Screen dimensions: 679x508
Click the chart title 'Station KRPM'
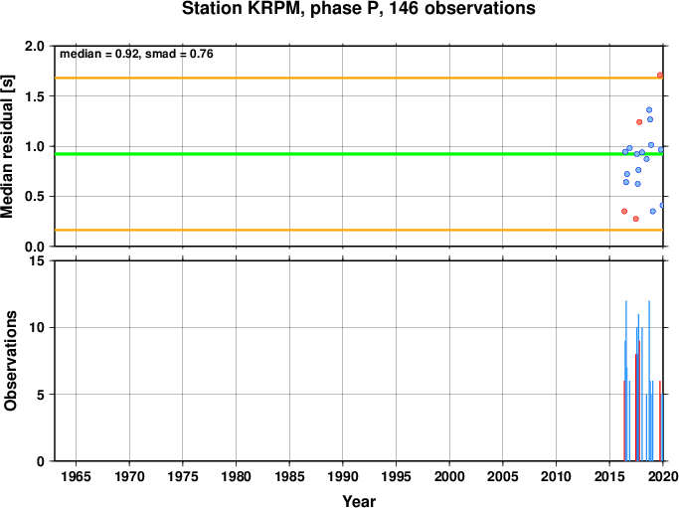[243, 9]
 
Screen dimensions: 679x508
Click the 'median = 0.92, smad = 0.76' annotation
[136, 54]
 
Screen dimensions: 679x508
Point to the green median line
[359, 154]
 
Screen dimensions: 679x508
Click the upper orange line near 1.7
[359, 78]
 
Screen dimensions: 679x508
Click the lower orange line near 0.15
[359, 230]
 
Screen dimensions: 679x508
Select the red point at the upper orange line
[660, 76]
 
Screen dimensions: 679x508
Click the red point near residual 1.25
[639, 122]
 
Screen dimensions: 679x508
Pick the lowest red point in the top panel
[635, 219]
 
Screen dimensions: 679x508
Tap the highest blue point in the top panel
[649, 110]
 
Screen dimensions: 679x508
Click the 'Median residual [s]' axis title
[7, 146]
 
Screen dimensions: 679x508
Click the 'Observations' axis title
[10, 361]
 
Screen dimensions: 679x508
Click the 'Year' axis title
[359, 501]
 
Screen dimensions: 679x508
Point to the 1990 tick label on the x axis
[343, 476]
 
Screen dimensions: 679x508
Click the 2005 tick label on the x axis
[503, 476]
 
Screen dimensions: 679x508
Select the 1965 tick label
[76, 476]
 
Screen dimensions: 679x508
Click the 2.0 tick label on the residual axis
[35, 46]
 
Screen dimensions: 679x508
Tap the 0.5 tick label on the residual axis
[35, 196]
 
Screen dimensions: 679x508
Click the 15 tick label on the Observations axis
[37, 260]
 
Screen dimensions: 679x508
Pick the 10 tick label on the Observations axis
[37, 327]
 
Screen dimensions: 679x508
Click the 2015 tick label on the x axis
[609, 476]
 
